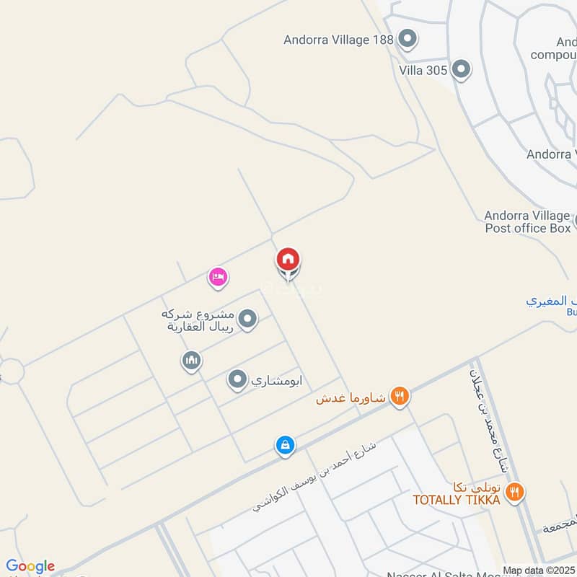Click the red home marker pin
click(288, 260)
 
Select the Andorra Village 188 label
click(338, 40)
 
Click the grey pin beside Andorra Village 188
click(408, 40)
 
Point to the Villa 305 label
click(423, 70)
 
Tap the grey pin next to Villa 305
click(461, 70)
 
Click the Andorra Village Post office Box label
click(527, 222)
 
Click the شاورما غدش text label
click(351, 397)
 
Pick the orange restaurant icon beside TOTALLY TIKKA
click(514, 493)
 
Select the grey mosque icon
click(191, 360)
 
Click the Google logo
click(30, 566)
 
